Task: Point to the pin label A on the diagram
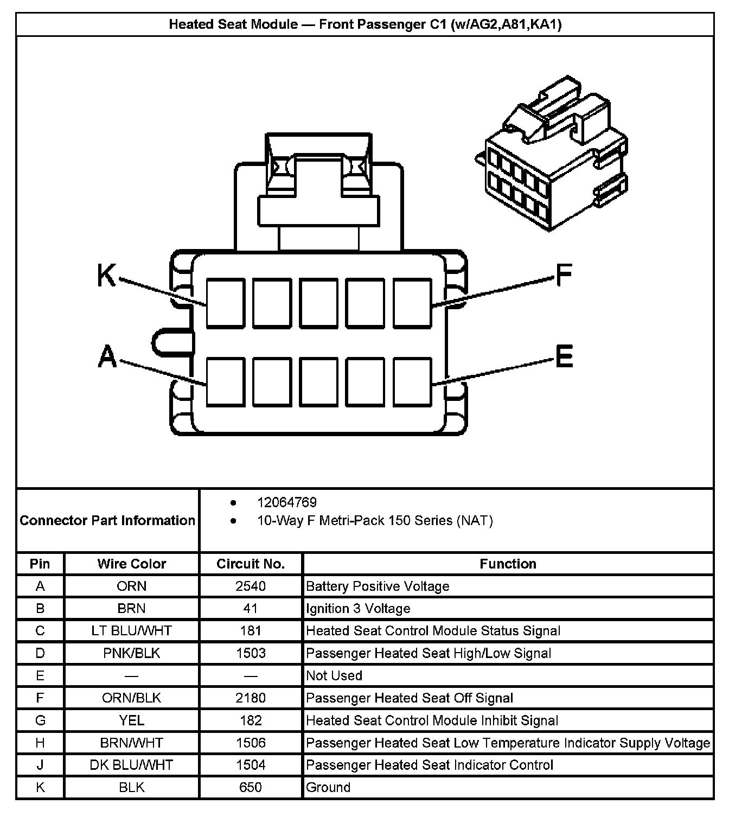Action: [107, 356]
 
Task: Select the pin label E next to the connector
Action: [564, 356]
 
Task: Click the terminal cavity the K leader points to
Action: [225, 303]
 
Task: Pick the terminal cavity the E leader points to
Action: [412, 381]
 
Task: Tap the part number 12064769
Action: [287, 502]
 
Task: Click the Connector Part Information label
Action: [107, 520]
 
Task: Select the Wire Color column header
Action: [132, 564]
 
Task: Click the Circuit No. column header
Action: [251, 564]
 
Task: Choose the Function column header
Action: [508, 564]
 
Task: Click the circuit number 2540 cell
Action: [251, 586]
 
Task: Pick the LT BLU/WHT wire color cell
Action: [132, 631]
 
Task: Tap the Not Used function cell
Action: [334, 675]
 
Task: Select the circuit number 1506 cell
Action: [251, 743]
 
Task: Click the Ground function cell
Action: [328, 787]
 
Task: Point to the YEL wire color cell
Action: [132, 720]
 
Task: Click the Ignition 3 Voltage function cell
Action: [358, 609]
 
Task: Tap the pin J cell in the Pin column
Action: [40, 765]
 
